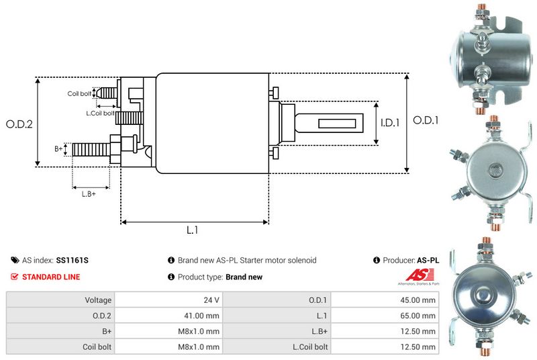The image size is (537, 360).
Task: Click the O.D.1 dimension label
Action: pos(426,121)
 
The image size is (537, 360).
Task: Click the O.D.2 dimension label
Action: pos(19,124)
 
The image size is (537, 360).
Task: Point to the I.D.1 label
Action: pos(390,123)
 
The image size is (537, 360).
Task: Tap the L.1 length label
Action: pos(192,230)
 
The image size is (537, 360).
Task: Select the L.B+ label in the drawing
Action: pos(89,194)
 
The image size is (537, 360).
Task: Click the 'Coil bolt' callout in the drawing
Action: pos(79,94)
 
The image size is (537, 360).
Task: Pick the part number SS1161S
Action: pos(72,260)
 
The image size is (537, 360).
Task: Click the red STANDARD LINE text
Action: pos(51,277)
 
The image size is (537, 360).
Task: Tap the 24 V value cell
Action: pos(212,300)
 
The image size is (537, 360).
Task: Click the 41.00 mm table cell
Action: pos(201,315)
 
